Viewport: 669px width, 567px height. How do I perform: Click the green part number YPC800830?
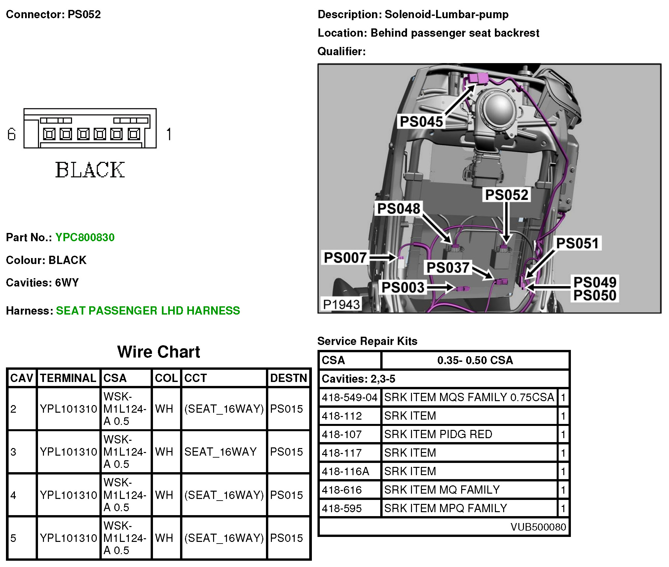pyautogui.click(x=85, y=237)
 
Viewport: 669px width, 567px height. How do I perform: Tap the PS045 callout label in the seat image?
pyautogui.click(x=421, y=121)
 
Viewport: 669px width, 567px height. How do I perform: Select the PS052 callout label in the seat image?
pyautogui.click(x=506, y=195)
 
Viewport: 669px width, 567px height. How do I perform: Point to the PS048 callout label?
pyautogui.click(x=398, y=208)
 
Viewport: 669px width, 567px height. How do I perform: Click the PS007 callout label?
pyautogui.click(x=345, y=258)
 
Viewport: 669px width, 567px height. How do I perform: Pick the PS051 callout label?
pyautogui.click(x=577, y=243)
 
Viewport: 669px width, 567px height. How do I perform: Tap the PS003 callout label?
pyautogui.click(x=403, y=287)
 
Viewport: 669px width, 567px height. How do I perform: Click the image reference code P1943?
pyautogui.click(x=341, y=304)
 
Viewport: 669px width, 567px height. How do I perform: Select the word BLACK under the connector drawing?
pyautogui.click(x=90, y=170)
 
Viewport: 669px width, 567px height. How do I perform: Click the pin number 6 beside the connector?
pyautogui.click(x=12, y=134)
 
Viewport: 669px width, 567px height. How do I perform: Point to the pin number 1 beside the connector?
pyautogui.click(x=169, y=134)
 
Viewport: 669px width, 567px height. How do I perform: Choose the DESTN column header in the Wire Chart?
pyautogui.click(x=288, y=378)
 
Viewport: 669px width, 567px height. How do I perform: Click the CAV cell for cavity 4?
pyautogui.click(x=13, y=495)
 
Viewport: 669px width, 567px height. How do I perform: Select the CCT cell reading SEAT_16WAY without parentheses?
pyautogui.click(x=220, y=452)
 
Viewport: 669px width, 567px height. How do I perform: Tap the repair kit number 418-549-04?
pyautogui.click(x=350, y=397)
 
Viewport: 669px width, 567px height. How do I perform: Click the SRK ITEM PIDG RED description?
pyautogui.click(x=438, y=434)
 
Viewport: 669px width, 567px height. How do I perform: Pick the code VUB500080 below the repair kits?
pyautogui.click(x=538, y=527)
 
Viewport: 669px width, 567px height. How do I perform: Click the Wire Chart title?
pyautogui.click(x=159, y=352)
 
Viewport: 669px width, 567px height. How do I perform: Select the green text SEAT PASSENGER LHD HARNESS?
pyautogui.click(x=148, y=311)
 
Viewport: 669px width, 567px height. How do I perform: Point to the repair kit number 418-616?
pyautogui.click(x=342, y=490)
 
